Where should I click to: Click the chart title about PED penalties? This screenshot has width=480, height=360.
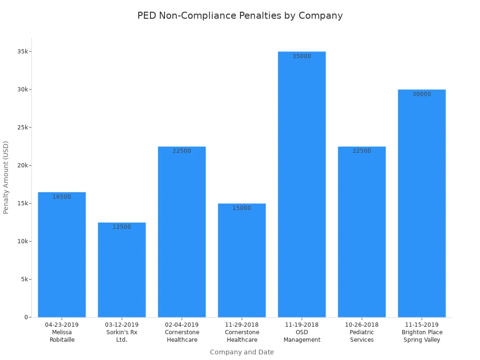(240, 15)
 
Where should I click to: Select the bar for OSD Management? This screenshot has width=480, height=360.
(302, 187)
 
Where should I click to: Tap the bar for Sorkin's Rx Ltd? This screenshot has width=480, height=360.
(122, 272)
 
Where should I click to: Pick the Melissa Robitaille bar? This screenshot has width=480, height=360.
(62, 258)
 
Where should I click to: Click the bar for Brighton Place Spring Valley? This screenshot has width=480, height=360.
(422, 206)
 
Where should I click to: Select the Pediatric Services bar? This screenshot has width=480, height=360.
(362, 234)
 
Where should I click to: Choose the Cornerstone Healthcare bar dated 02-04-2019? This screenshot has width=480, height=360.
(182, 234)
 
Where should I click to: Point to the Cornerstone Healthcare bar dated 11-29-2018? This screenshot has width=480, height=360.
(242, 262)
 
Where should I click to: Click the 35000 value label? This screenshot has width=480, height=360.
(302, 56)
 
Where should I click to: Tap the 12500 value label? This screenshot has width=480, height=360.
(122, 227)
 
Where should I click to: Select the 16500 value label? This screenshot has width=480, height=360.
(62, 197)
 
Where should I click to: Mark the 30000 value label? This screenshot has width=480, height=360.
(422, 94)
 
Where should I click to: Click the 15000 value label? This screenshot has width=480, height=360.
(242, 208)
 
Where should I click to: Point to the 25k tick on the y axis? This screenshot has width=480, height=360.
(22, 127)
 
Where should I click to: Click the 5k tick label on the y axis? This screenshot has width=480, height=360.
(23, 279)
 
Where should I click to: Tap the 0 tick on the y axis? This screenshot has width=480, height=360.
(26, 317)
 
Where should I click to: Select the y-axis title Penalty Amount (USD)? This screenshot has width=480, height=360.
(6, 177)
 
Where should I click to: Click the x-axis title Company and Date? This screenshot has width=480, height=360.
(242, 352)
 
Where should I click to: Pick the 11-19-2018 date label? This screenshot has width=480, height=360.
(302, 324)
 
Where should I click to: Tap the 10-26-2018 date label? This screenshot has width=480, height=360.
(362, 324)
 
